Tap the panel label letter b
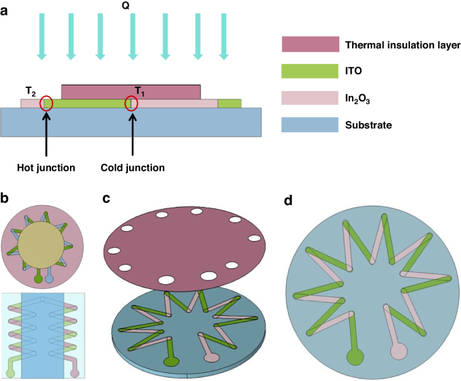(x=5, y=199)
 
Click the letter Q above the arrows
(x=126, y=6)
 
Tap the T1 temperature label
(x=139, y=90)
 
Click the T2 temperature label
(x=31, y=91)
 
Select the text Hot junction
(x=46, y=167)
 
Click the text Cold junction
(x=132, y=167)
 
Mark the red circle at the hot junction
(x=46, y=103)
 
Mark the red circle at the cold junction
(x=132, y=104)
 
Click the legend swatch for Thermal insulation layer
(x=310, y=45)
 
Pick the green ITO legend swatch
(x=310, y=71)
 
